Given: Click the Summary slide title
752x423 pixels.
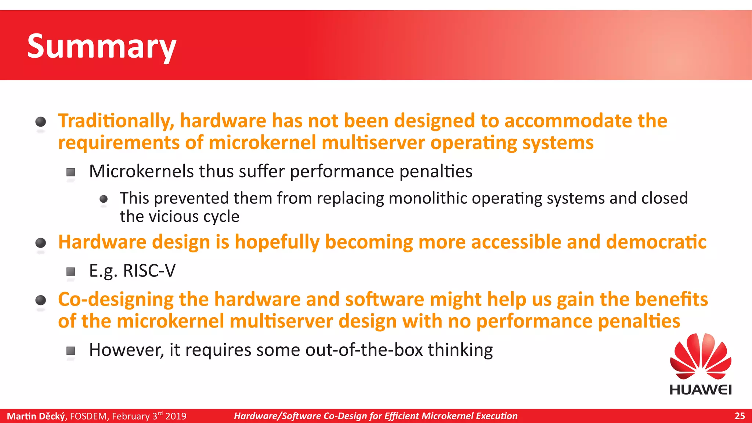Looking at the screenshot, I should pyautogui.click(x=102, y=46).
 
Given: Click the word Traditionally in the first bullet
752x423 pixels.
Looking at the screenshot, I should pyautogui.click(x=116, y=121).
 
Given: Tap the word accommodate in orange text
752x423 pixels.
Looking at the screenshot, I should pyautogui.click(x=568, y=121).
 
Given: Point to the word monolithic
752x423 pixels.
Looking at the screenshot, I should pyautogui.click(x=428, y=199).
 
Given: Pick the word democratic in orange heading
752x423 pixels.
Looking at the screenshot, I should pyautogui.click(x=656, y=242).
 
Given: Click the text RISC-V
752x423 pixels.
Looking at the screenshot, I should pyautogui.click(x=149, y=271).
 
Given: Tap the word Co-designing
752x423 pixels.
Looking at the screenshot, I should pyautogui.click(x=116, y=299).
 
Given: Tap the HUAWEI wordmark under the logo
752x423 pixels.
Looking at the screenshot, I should pyautogui.click(x=701, y=390).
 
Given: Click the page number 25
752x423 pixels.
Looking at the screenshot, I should pyautogui.click(x=740, y=416).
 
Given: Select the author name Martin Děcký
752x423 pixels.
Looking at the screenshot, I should pyautogui.click(x=36, y=416).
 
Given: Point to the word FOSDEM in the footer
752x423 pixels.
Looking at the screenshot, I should pyautogui.click(x=88, y=416).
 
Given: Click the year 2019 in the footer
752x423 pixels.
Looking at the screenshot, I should pyautogui.click(x=176, y=416).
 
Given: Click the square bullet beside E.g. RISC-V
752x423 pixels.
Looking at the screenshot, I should pyautogui.click(x=71, y=272).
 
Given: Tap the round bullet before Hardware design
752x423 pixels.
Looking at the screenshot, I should pyautogui.click(x=40, y=243).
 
